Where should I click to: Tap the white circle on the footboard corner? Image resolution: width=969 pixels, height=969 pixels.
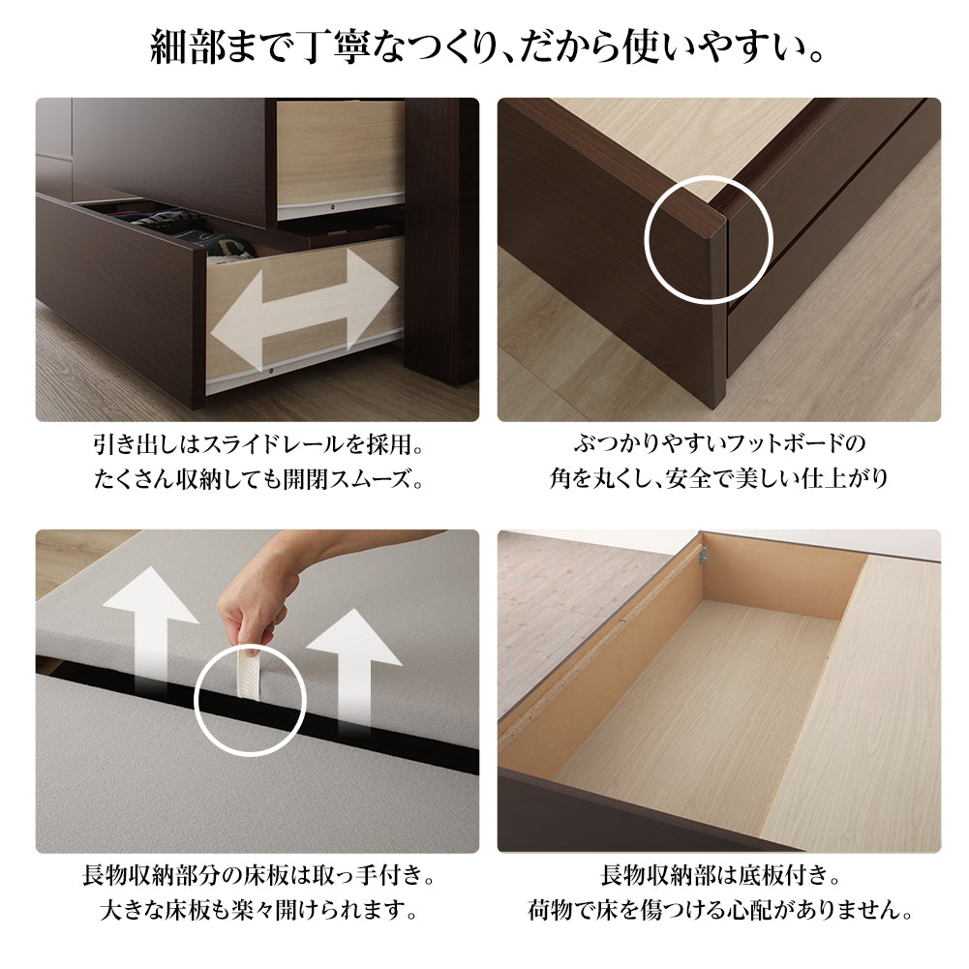(709, 239)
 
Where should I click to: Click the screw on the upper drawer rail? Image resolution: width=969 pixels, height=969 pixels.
(333, 207)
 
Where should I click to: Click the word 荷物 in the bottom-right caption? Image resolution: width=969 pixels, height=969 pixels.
(551, 911)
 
